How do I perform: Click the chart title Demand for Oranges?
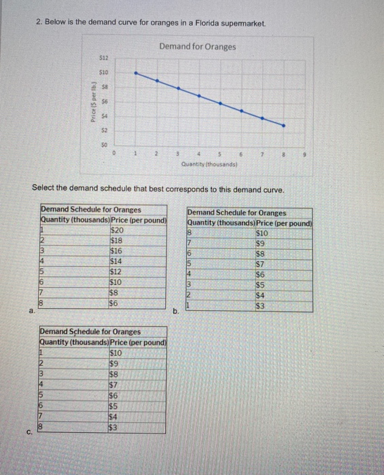pos(198,46)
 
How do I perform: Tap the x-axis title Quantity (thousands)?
pos(209,164)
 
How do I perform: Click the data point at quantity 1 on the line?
pos(136,71)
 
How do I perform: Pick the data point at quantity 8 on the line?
pos(284,126)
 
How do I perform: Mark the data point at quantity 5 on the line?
pos(220,102)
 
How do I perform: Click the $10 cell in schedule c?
pos(116,353)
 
